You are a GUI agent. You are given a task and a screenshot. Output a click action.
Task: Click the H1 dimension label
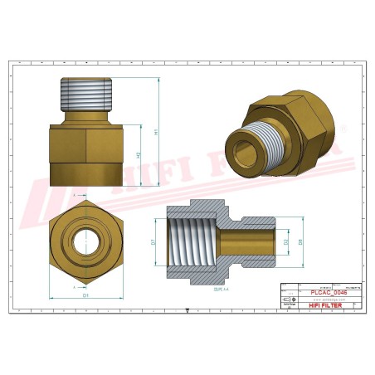[x=155, y=131]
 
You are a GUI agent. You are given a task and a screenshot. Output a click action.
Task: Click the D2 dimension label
[x=285, y=242]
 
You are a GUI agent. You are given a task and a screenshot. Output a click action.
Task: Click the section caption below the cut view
[x=219, y=288]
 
